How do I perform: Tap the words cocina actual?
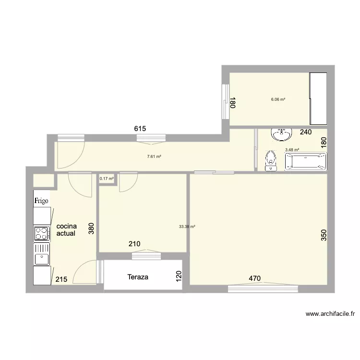[x=67, y=230]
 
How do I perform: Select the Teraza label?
[x=138, y=277]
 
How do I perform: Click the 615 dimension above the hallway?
[x=140, y=128]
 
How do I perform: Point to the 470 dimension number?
[x=254, y=277]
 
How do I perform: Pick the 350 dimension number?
[x=324, y=235]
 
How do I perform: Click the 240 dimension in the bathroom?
[x=306, y=132]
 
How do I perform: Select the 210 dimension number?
[x=134, y=244]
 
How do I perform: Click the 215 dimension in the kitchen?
[x=61, y=280]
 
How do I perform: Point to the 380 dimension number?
[x=91, y=228]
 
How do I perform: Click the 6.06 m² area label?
[x=278, y=99]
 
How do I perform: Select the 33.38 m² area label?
[x=186, y=227]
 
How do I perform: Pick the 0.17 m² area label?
[x=107, y=179]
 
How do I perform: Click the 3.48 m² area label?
[x=292, y=150]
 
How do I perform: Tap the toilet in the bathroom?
[x=271, y=161]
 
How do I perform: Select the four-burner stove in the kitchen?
[x=42, y=234]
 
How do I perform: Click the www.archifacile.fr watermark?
[x=330, y=314]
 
